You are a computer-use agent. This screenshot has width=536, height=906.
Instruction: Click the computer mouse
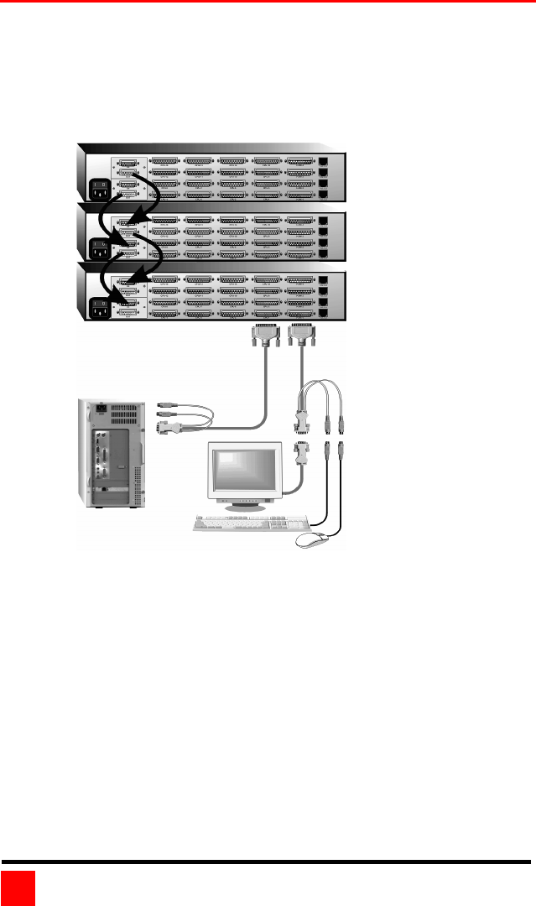(311, 542)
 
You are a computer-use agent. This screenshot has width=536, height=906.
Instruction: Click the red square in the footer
(18, 888)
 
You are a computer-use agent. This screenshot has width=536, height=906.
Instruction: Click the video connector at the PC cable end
(164, 427)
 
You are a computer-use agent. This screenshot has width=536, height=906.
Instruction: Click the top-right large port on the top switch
(300, 161)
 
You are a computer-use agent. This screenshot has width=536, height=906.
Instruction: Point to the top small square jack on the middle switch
(325, 222)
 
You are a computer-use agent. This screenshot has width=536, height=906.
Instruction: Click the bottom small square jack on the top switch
(325, 192)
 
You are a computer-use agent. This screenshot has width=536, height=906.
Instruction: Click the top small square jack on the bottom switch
(325, 280)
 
